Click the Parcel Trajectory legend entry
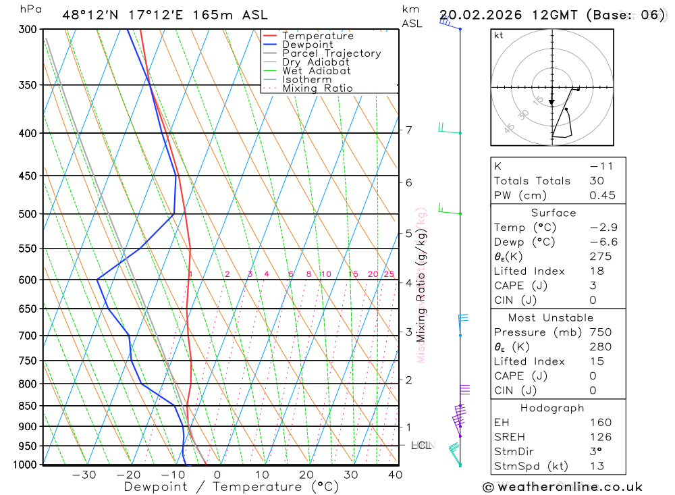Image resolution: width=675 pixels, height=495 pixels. tap(331, 53)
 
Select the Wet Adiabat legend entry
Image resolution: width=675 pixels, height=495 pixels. tap(316, 71)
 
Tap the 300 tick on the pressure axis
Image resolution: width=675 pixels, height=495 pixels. tap(27, 30)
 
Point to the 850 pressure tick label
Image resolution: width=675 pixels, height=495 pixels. tap(27, 407)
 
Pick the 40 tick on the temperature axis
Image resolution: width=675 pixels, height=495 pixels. tap(395, 475)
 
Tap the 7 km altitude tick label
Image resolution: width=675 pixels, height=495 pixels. tap(408, 130)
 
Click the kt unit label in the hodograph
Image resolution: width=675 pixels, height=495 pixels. tap(499, 36)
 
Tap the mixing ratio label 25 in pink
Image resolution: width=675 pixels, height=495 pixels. tap(389, 274)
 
